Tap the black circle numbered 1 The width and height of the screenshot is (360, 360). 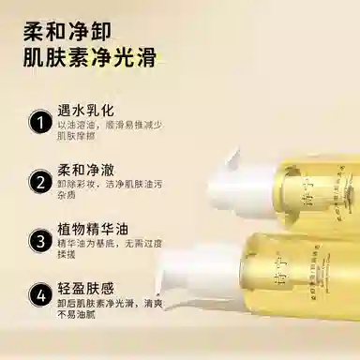point(39,123)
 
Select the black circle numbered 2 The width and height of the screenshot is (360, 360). point(39,181)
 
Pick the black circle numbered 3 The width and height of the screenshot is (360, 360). point(39,240)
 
